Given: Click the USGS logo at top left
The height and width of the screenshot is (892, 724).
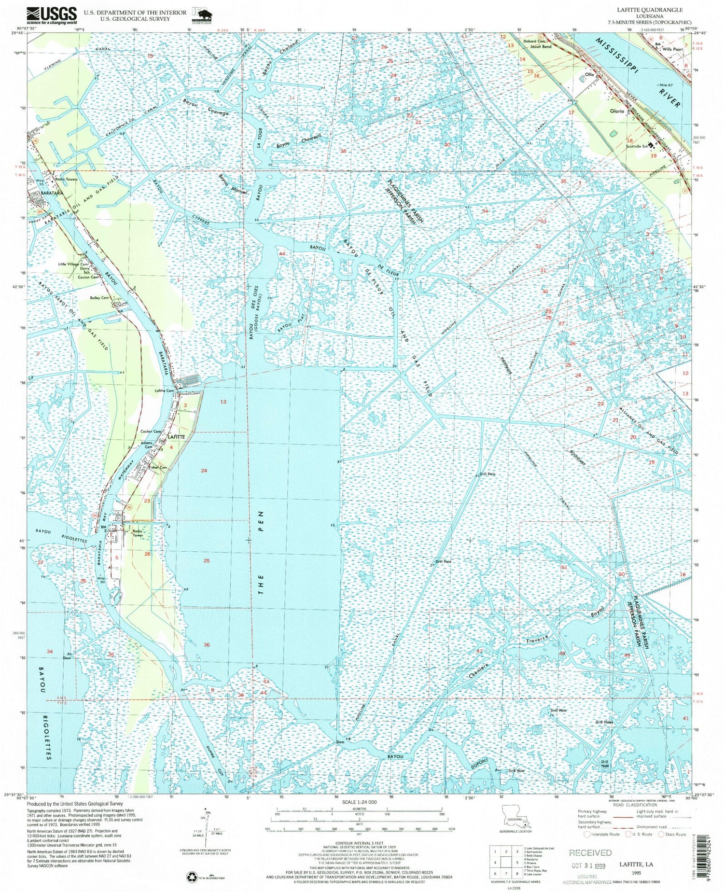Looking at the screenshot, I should click(52, 15).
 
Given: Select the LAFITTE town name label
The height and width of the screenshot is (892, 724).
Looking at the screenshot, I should click(176, 436).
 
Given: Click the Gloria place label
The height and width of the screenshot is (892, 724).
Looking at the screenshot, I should click(616, 111).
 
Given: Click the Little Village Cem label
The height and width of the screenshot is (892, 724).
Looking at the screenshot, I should click(73, 265).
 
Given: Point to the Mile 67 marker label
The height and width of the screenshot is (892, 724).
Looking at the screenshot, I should click(669, 85).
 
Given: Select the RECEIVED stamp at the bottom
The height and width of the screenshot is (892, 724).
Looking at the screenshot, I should click(590, 852).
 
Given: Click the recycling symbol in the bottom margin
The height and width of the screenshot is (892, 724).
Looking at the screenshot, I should click(191, 876).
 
